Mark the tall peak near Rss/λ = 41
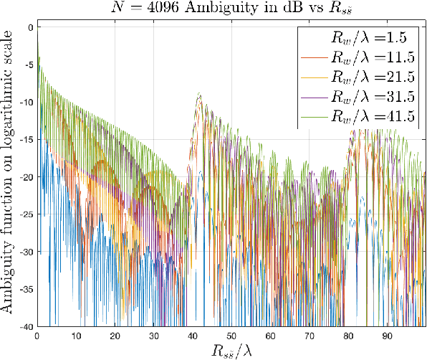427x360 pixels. [198, 94]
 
